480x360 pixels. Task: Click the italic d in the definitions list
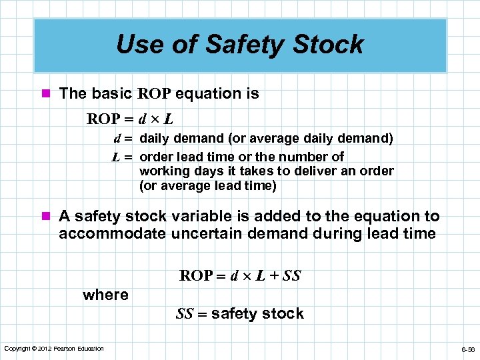click(117, 139)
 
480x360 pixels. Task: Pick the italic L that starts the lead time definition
click(115, 157)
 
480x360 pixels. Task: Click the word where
click(105, 295)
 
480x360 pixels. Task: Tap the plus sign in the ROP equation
click(273, 276)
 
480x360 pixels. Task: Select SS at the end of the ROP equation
click(292, 276)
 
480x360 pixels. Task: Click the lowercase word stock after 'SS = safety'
click(285, 313)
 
